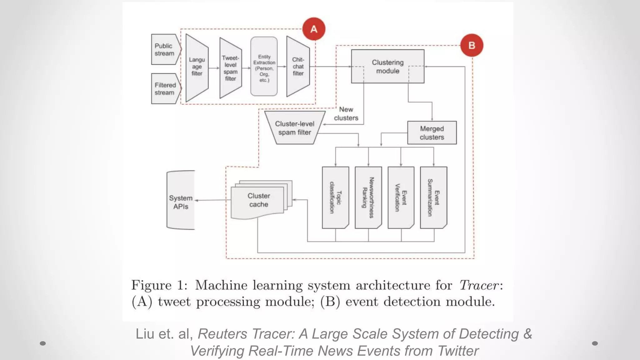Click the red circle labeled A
(314, 29)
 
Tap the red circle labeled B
(472, 45)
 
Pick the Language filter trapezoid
(197, 67)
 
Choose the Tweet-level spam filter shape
(231, 68)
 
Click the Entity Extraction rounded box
(264, 67)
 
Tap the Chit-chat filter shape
(298, 67)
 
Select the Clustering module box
(387, 66)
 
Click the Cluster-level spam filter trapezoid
(294, 128)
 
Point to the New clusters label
(346, 114)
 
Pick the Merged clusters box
(432, 133)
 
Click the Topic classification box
(335, 197)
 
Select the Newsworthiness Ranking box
(368, 197)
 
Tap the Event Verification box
(401, 197)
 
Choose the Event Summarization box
(433, 197)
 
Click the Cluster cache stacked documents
(259, 200)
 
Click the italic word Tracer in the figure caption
(479, 285)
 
